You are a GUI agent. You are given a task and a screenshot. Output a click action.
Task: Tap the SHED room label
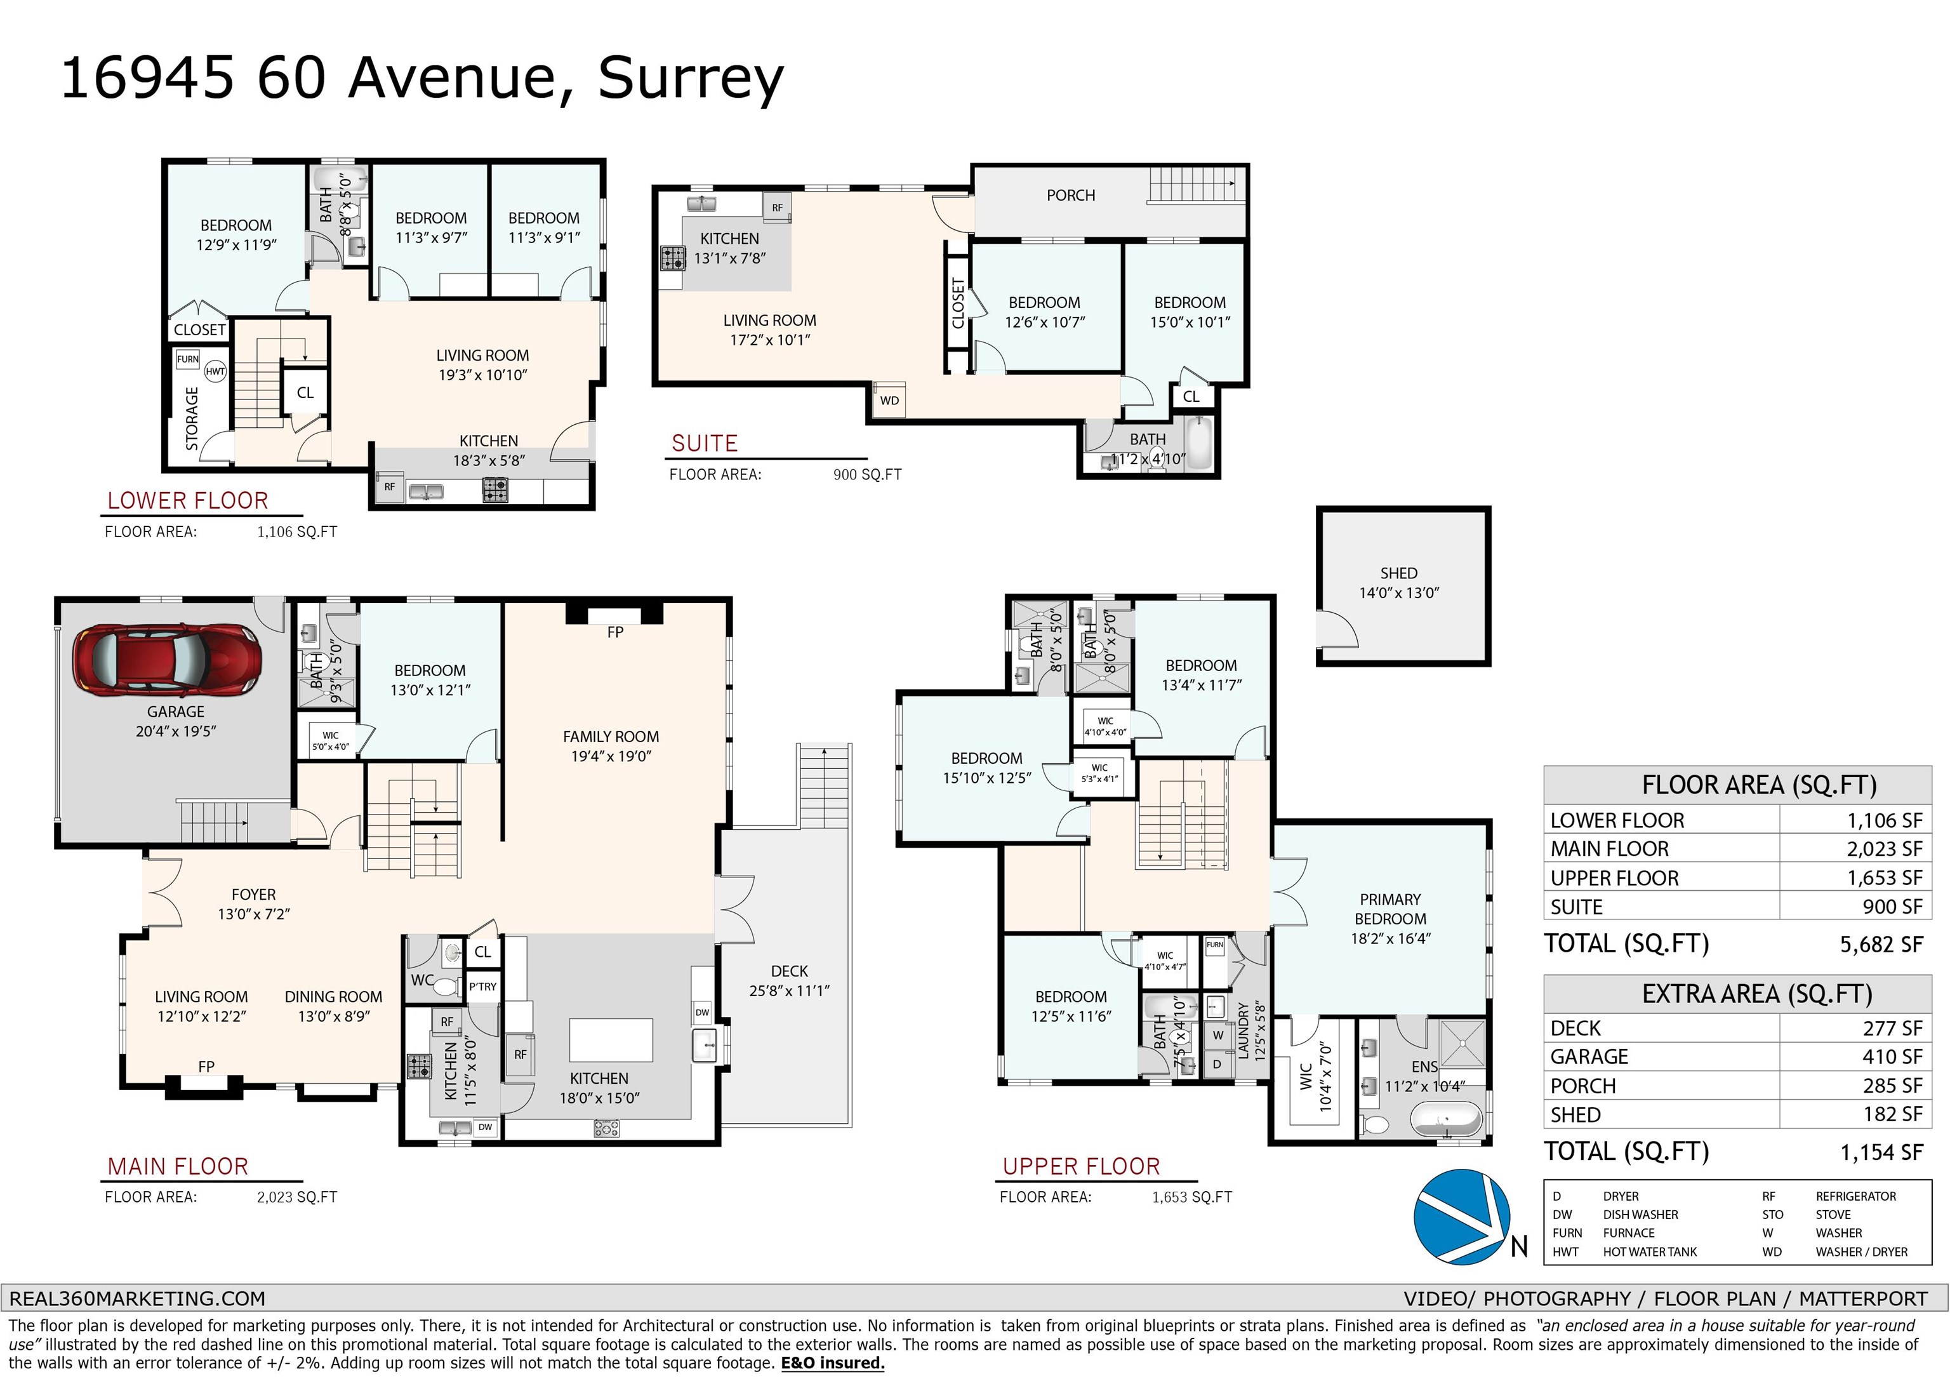(x=1398, y=573)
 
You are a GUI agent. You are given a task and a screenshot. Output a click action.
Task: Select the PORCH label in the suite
(x=1070, y=196)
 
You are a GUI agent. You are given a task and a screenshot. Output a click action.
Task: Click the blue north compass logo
(x=1462, y=1216)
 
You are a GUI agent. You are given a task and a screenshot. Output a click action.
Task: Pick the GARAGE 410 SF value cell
(x=1892, y=1057)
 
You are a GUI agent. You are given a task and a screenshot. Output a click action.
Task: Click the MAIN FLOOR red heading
(x=178, y=1166)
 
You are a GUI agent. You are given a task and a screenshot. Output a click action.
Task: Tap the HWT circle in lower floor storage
(x=215, y=371)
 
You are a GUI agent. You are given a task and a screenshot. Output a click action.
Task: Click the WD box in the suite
(x=889, y=400)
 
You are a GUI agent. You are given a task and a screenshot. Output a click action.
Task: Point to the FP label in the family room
(x=615, y=632)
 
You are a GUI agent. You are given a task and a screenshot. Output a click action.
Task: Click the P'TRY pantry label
(x=482, y=987)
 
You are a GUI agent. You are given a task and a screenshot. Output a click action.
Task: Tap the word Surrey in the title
(x=691, y=79)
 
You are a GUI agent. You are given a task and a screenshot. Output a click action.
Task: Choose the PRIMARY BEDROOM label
(x=1390, y=909)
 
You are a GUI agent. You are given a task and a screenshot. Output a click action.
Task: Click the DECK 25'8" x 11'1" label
(x=789, y=980)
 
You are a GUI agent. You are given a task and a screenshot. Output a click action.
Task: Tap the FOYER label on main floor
(x=253, y=895)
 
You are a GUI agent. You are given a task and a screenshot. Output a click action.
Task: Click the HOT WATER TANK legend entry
(x=1649, y=1251)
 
